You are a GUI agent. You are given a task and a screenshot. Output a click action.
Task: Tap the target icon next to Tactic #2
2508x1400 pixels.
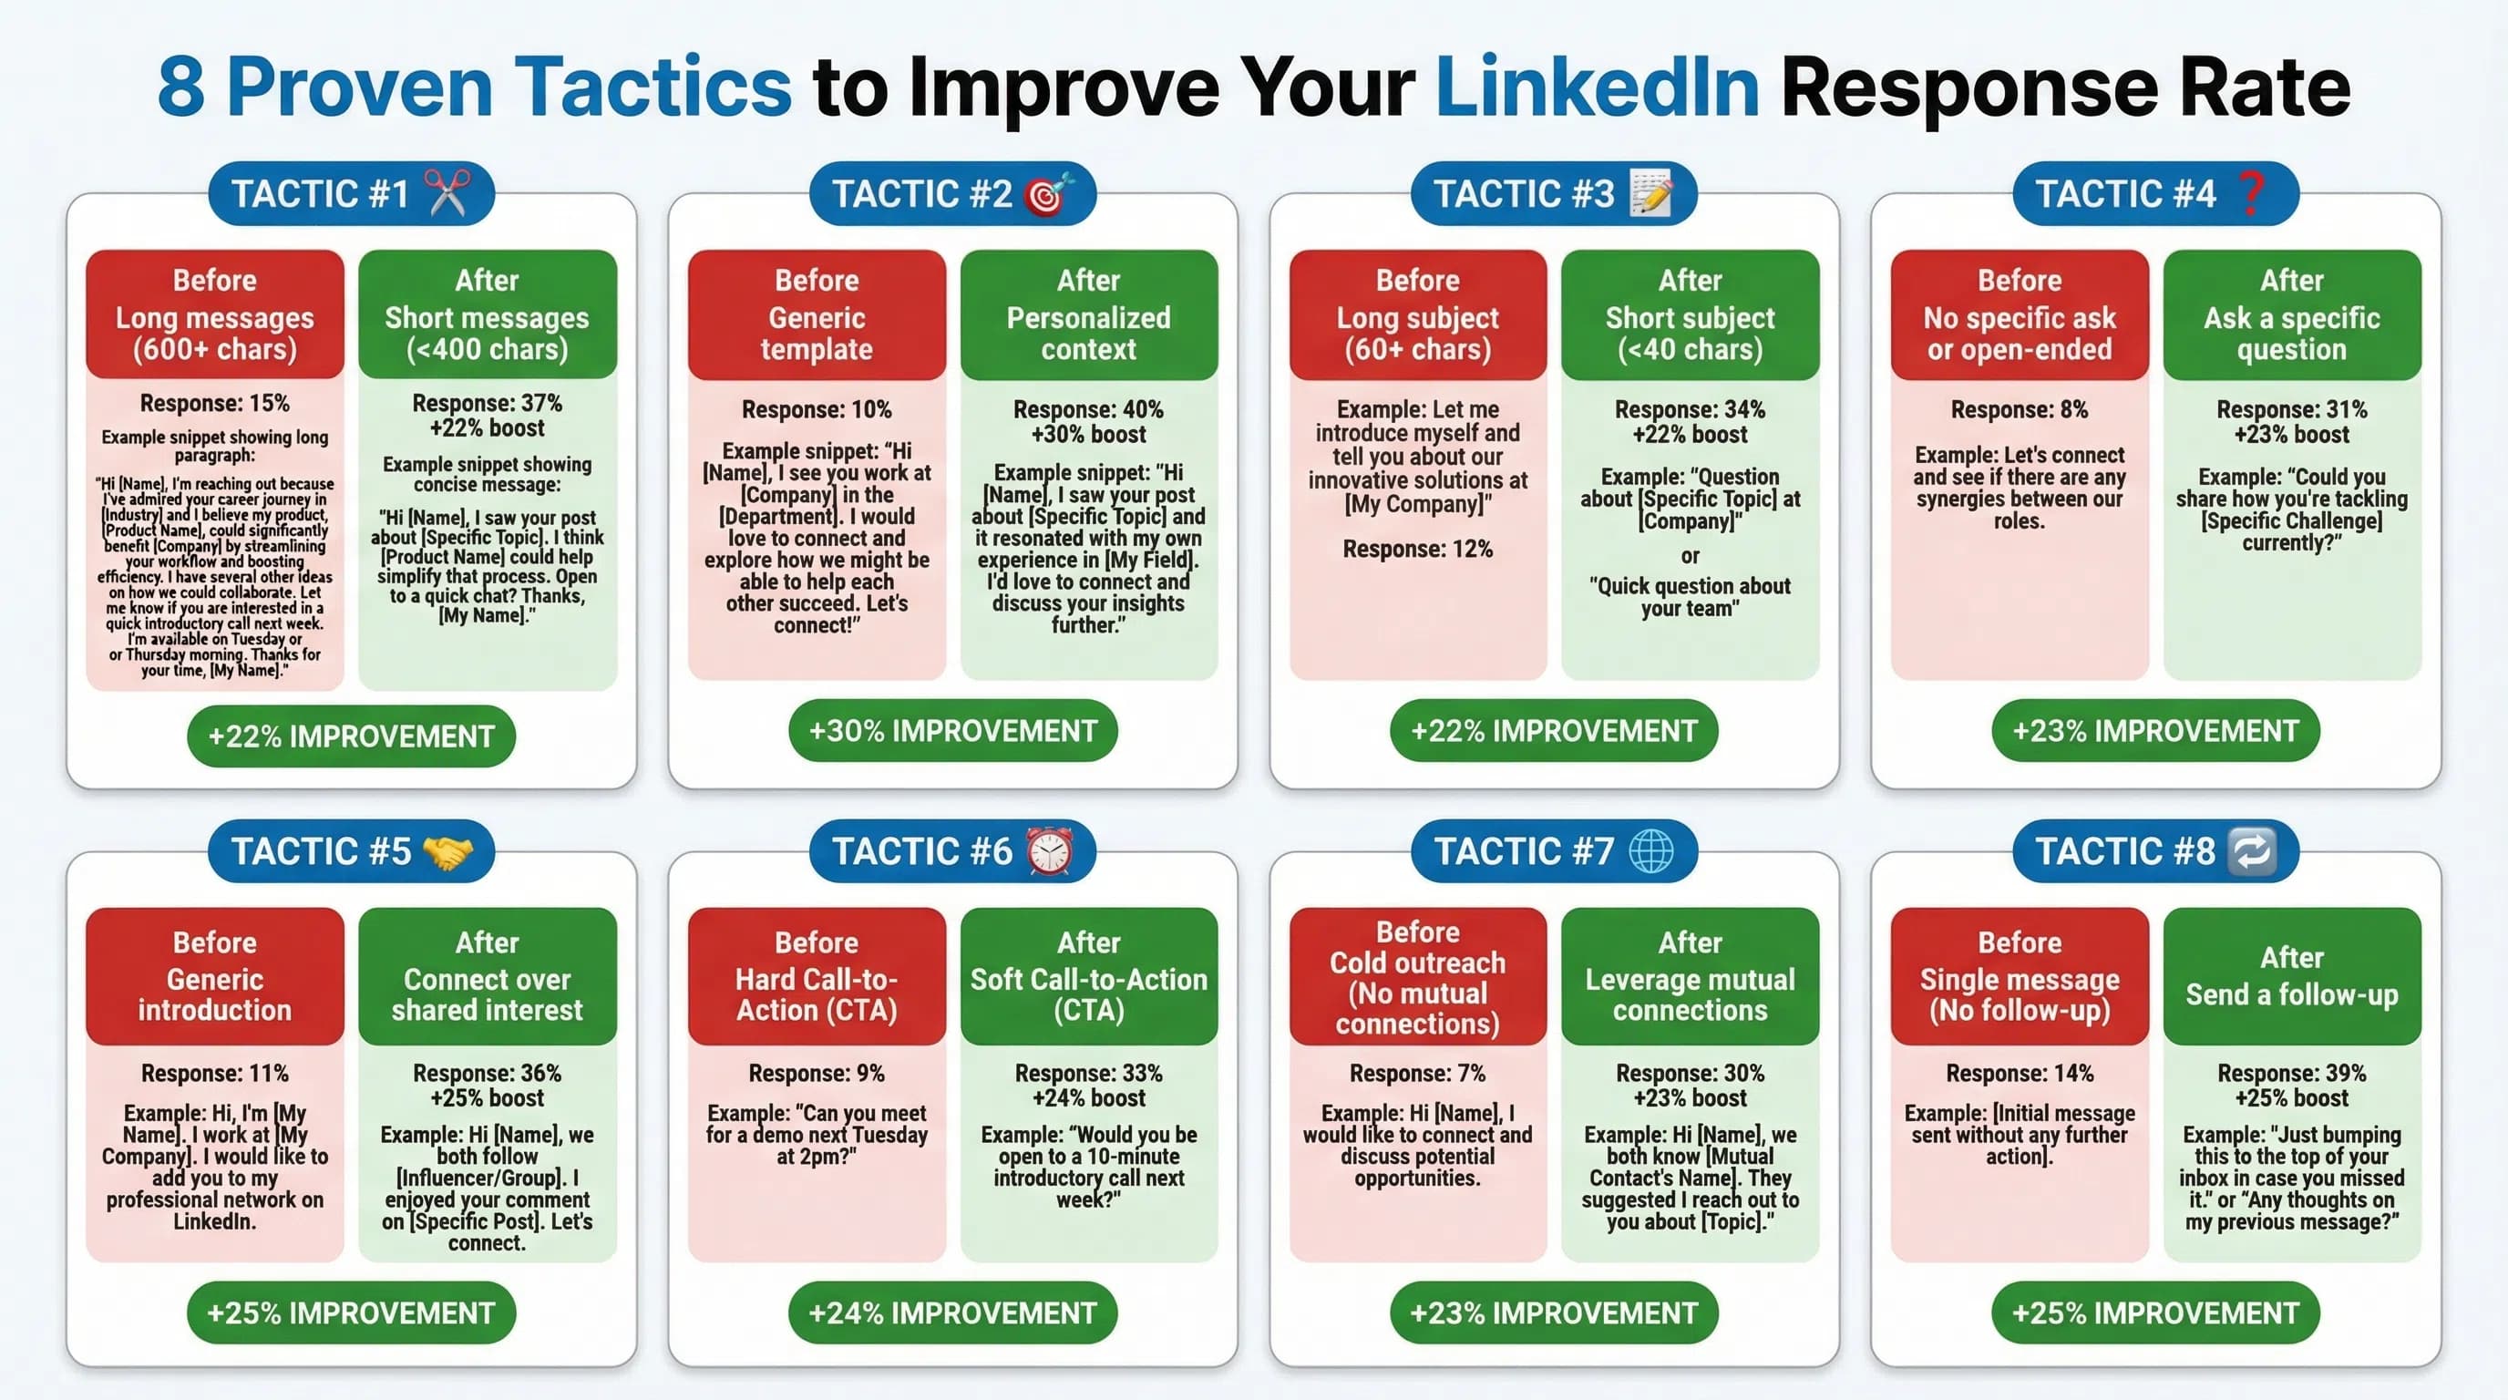pyautogui.click(x=1049, y=194)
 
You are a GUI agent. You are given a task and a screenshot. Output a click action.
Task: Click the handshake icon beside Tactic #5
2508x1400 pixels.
pyautogui.click(x=447, y=852)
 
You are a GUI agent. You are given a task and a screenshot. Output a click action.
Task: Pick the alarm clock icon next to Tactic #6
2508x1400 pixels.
pyautogui.click(x=1050, y=851)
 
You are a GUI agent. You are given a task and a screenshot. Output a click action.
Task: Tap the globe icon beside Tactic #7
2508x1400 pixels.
pyautogui.click(x=1651, y=851)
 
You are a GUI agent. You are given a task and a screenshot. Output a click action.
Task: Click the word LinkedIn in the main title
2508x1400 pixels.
pyautogui.click(x=1597, y=87)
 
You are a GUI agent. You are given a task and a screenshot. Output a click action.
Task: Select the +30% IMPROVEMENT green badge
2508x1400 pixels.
pyautogui.click(x=952, y=731)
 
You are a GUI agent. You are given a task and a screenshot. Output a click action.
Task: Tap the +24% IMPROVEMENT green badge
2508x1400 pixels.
pyautogui.click(x=952, y=1312)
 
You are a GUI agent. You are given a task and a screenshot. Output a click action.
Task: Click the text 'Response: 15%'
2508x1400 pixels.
pyautogui.click(x=214, y=403)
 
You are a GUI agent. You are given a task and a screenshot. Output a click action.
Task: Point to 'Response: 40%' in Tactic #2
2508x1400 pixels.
pyautogui.click(x=1087, y=409)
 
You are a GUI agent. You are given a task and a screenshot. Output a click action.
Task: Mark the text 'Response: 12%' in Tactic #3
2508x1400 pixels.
pyautogui.click(x=1416, y=549)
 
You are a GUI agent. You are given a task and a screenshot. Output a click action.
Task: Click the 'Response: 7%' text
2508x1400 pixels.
pyautogui.click(x=1416, y=1073)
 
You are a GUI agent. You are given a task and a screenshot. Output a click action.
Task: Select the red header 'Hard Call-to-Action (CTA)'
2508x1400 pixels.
pyautogui.click(x=816, y=977)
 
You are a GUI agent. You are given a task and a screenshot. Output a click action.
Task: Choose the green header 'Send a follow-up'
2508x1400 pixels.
pyautogui.click(x=2291, y=977)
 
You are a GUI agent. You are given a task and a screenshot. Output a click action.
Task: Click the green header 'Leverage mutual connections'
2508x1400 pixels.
pyautogui.click(x=1690, y=977)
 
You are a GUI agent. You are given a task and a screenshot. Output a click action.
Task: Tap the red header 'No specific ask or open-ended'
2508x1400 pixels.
pyautogui.click(x=2019, y=315)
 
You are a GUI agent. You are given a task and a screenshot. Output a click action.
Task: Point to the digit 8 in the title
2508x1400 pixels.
pyautogui.click(x=181, y=87)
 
